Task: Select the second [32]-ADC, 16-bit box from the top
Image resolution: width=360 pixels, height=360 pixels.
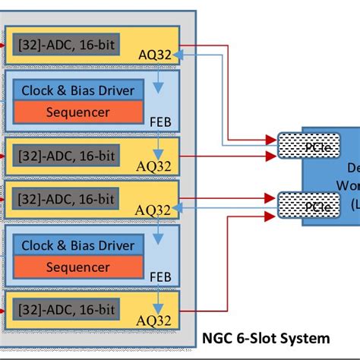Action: click(x=65, y=156)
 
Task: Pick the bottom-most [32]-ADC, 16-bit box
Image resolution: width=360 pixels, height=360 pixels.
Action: click(x=65, y=308)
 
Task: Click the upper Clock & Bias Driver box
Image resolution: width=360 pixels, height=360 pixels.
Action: click(x=78, y=91)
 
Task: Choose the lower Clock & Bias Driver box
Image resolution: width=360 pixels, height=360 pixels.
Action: click(x=78, y=246)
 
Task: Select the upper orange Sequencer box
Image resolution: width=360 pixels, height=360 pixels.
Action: click(x=78, y=112)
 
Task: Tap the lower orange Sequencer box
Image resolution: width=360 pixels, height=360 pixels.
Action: click(x=78, y=267)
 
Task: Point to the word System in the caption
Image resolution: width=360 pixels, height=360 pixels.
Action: click(x=304, y=339)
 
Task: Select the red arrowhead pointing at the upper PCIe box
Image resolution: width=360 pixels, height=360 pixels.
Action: click(x=271, y=140)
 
